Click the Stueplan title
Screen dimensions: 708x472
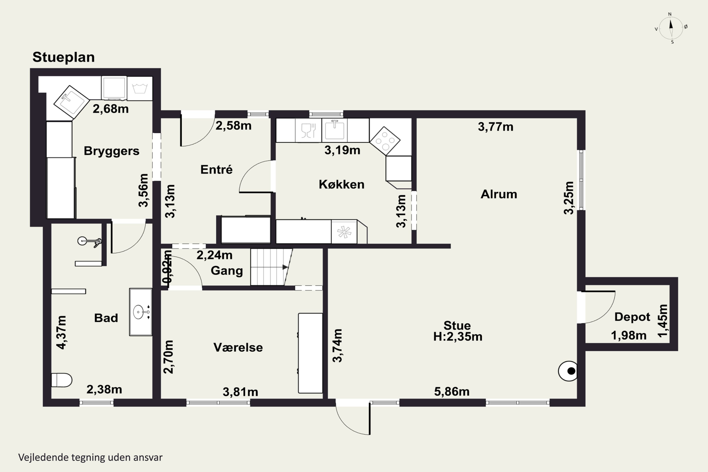(63, 57)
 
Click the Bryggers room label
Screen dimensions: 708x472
(111, 151)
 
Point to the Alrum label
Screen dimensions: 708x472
(499, 194)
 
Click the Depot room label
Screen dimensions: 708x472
(632, 317)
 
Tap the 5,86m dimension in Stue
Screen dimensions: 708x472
(451, 392)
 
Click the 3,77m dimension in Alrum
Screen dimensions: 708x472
(495, 127)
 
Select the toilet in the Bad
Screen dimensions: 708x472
(62, 380)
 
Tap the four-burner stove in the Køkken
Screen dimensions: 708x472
(385, 141)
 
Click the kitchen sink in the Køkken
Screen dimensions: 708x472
(334, 130)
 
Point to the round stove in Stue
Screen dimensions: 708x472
(568, 371)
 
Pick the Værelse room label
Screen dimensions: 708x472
(238, 347)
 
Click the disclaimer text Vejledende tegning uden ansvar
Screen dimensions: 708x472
(90, 458)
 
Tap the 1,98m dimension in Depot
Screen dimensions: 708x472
(628, 335)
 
